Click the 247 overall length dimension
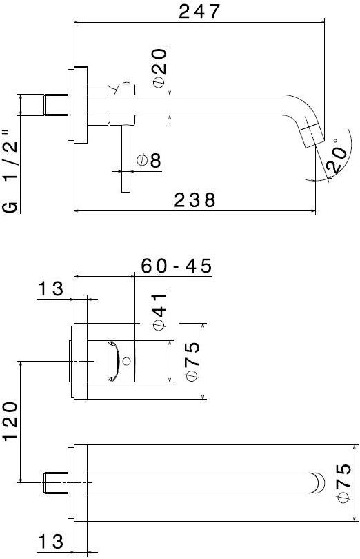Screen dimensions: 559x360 200,12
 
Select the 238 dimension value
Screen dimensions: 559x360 194,200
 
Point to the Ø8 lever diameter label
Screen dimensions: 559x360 149,161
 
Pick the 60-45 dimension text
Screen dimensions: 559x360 177,266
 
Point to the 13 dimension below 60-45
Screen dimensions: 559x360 50,289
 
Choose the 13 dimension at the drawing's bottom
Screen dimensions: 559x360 50,542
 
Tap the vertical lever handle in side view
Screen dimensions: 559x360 126,159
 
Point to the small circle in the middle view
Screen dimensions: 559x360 126,360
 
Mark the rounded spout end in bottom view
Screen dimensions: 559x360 317,482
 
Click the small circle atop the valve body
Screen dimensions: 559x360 126,86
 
